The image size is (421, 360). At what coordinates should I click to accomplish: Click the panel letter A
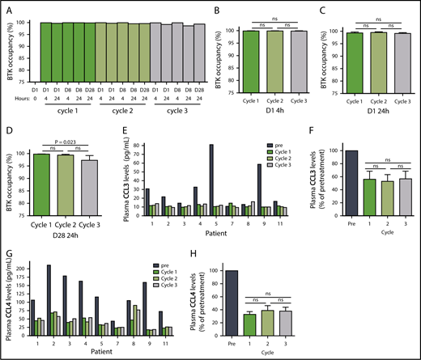5,6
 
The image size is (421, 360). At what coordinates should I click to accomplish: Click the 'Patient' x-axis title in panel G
102,353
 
